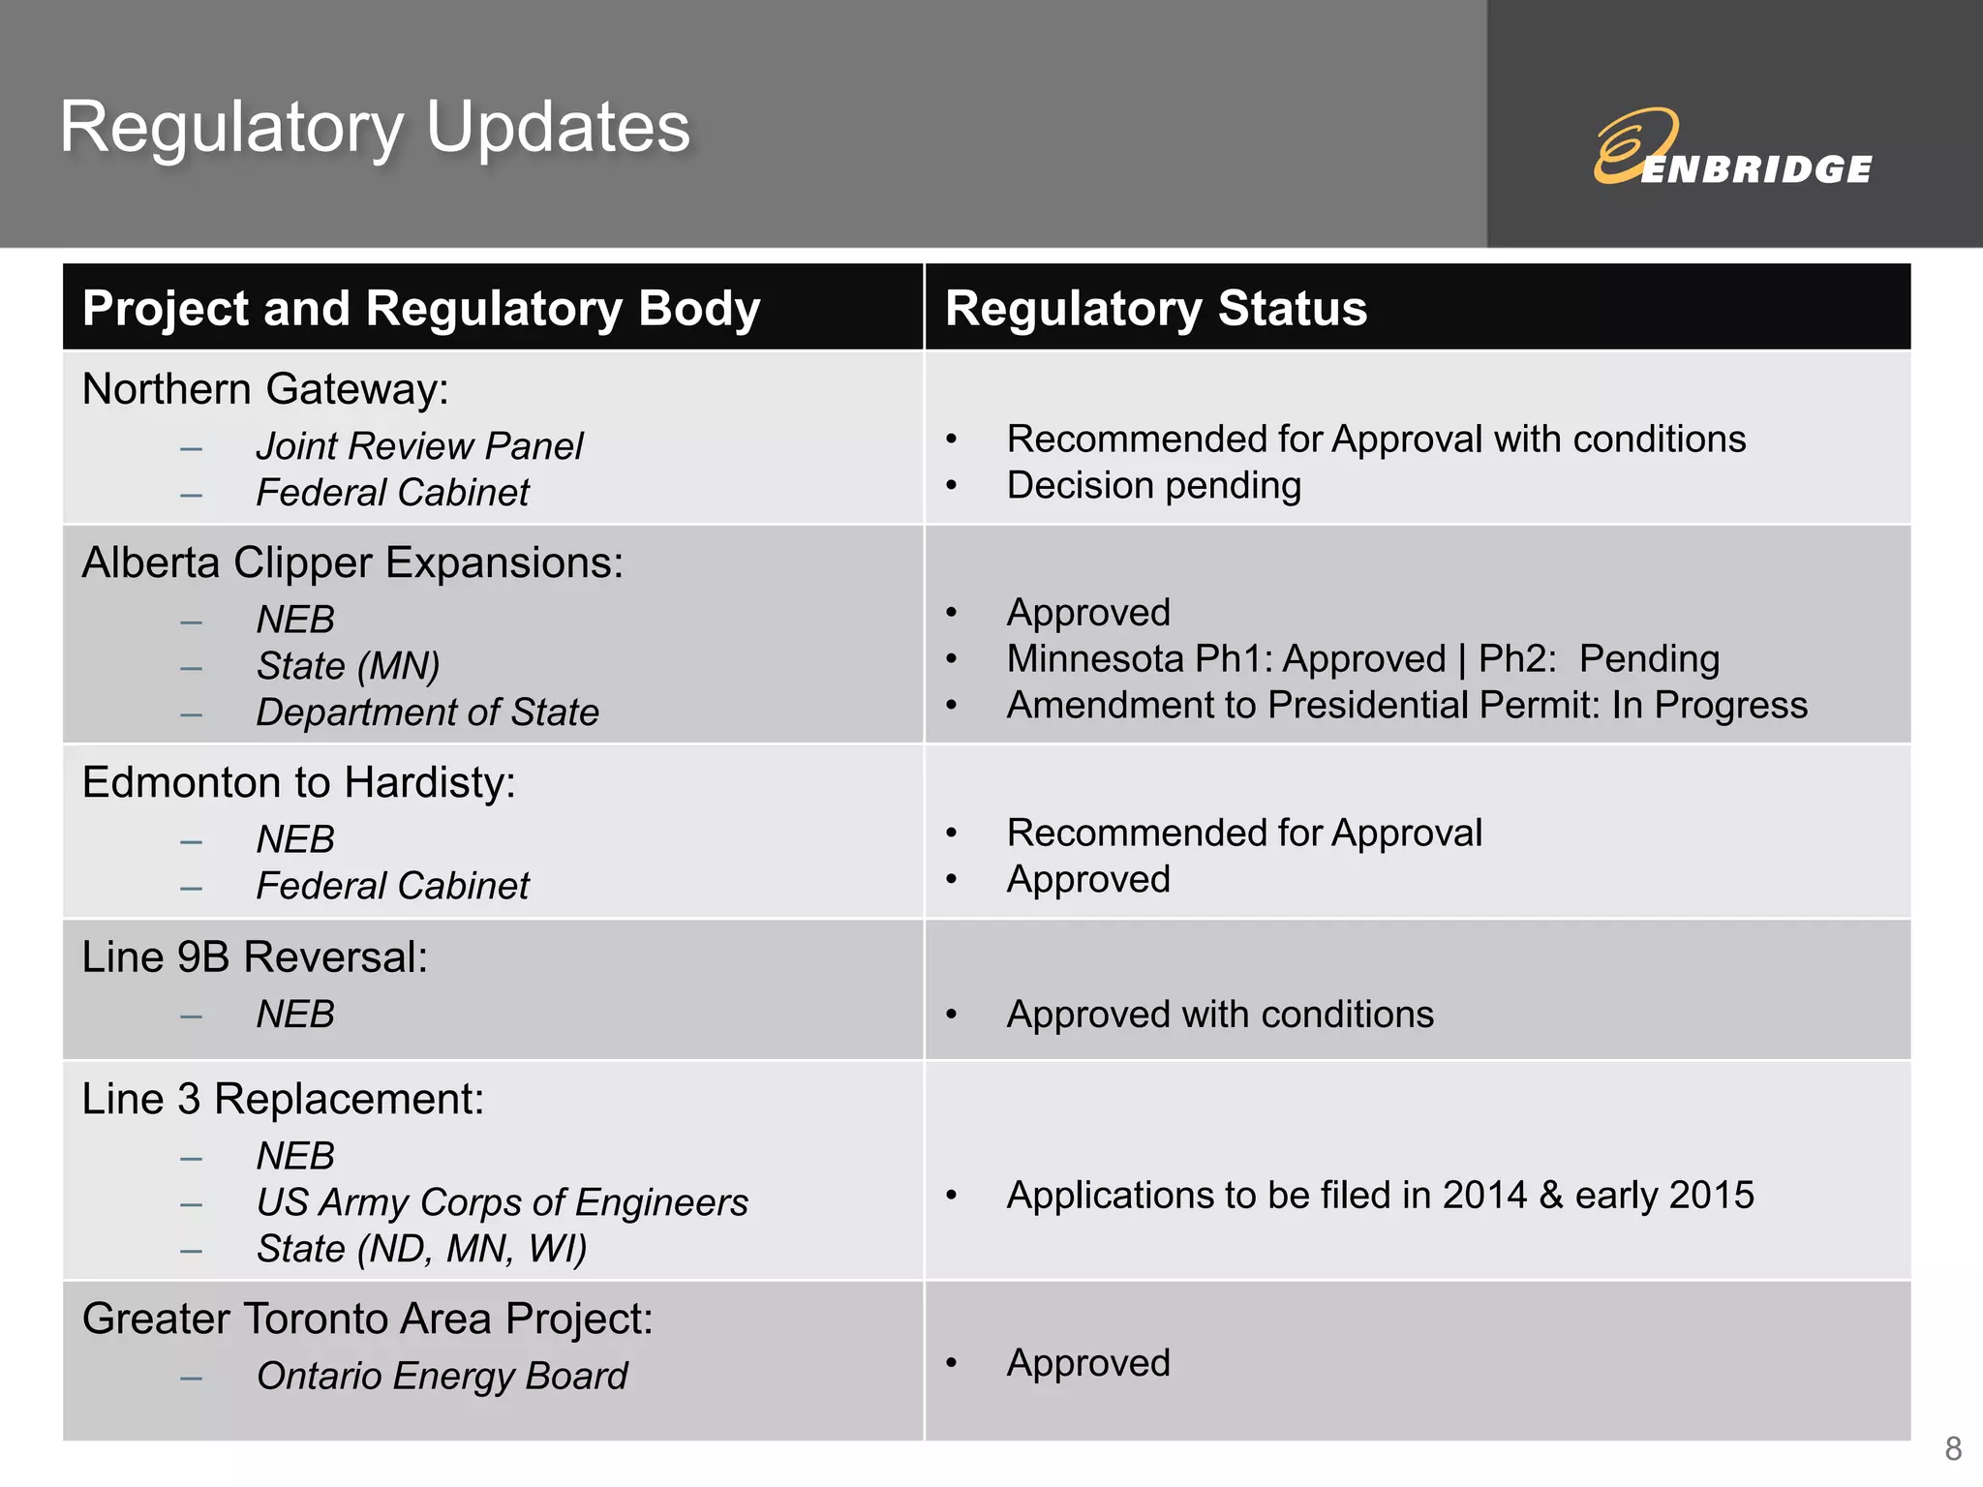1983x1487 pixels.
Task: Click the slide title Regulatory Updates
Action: click(x=375, y=128)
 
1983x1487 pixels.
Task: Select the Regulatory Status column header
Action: click(x=1155, y=309)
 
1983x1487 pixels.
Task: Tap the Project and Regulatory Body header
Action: click(x=421, y=309)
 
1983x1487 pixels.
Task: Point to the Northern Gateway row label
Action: click(x=265, y=389)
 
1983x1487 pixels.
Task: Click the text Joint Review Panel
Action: click(x=419, y=446)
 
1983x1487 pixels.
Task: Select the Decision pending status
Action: click(x=1153, y=486)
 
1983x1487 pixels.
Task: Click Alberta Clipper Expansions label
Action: click(x=352, y=562)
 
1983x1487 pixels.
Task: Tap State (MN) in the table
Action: click(x=348, y=666)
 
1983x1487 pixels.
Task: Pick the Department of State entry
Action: click(x=427, y=713)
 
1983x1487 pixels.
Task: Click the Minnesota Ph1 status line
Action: click(x=1362, y=659)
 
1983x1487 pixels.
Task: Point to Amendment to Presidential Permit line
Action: click(x=1406, y=706)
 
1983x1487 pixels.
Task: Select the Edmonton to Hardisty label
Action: click(x=298, y=782)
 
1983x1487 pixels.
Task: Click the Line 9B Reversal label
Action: click(x=255, y=957)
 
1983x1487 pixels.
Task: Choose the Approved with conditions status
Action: click(x=1219, y=1015)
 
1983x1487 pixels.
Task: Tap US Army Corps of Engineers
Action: click(x=502, y=1202)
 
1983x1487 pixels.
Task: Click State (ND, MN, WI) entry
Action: click(x=421, y=1249)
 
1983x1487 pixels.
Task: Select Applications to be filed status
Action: click(x=1380, y=1196)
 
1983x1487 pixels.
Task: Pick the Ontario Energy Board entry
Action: click(x=442, y=1376)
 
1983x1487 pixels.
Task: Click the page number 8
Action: click(x=1953, y=1448)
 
